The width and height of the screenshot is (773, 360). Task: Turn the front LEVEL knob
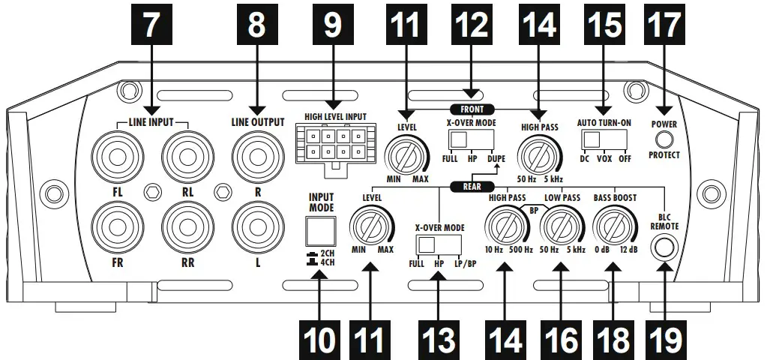point(406,157)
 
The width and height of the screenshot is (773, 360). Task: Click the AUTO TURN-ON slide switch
point(606,140)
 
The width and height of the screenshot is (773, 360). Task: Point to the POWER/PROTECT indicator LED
point(664,139)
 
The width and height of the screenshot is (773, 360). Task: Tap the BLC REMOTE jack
point(664,248)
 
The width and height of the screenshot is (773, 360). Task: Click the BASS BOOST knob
point(613,226)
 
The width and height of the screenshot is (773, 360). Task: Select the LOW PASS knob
point(562,226)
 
